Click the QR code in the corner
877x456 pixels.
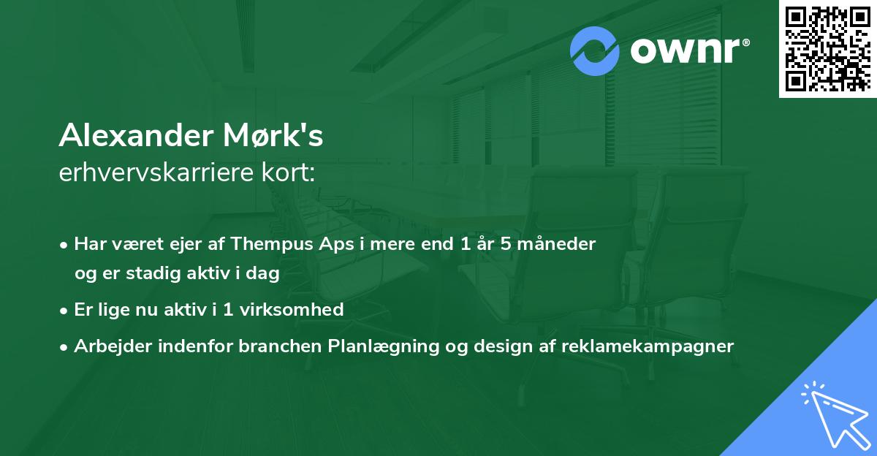[x=827, y=49]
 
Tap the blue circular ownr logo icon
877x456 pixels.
[x=595, y=50]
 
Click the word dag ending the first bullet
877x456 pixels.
[x=266, y=274]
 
